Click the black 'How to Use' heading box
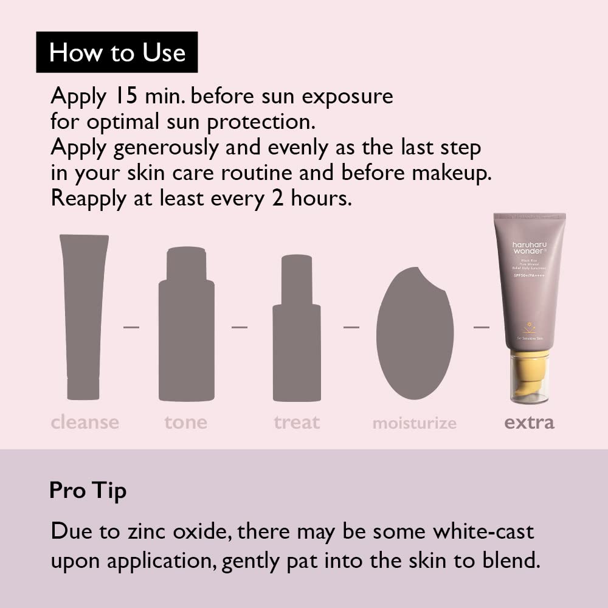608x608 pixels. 117,52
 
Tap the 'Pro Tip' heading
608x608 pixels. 88,491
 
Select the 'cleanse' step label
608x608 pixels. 85,422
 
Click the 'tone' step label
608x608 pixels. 185,422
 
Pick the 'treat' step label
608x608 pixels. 297,422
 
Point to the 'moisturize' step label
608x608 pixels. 414,423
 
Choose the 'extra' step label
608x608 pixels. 529,422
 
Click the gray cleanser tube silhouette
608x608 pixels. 83,316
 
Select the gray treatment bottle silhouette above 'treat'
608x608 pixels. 297,331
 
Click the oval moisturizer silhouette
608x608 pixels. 415,333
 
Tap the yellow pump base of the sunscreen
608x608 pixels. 529,377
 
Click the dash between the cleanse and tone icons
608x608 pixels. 131,328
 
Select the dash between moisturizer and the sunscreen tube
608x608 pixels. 482,328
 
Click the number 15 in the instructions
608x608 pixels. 126,96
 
